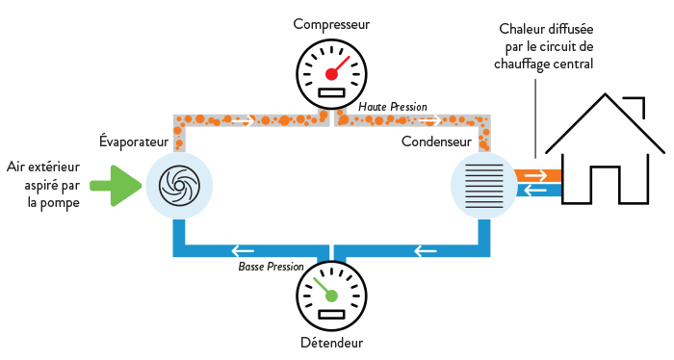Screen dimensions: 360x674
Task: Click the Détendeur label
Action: click(330, 341)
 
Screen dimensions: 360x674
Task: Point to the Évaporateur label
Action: click(134, 141)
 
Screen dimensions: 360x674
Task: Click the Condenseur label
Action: click(436, 141)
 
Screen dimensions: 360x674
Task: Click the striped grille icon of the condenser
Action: click(484, 184)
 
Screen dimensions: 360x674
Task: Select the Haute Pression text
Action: click(392, 106)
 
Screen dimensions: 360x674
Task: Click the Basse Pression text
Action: click(271, 266)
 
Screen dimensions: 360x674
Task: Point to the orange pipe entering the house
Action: click(534, 176)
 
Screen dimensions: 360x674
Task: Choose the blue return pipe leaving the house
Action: click(534, 191)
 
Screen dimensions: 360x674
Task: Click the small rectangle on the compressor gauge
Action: click(331, 92)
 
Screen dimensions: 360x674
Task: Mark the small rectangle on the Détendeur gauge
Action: click(331, 314)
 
